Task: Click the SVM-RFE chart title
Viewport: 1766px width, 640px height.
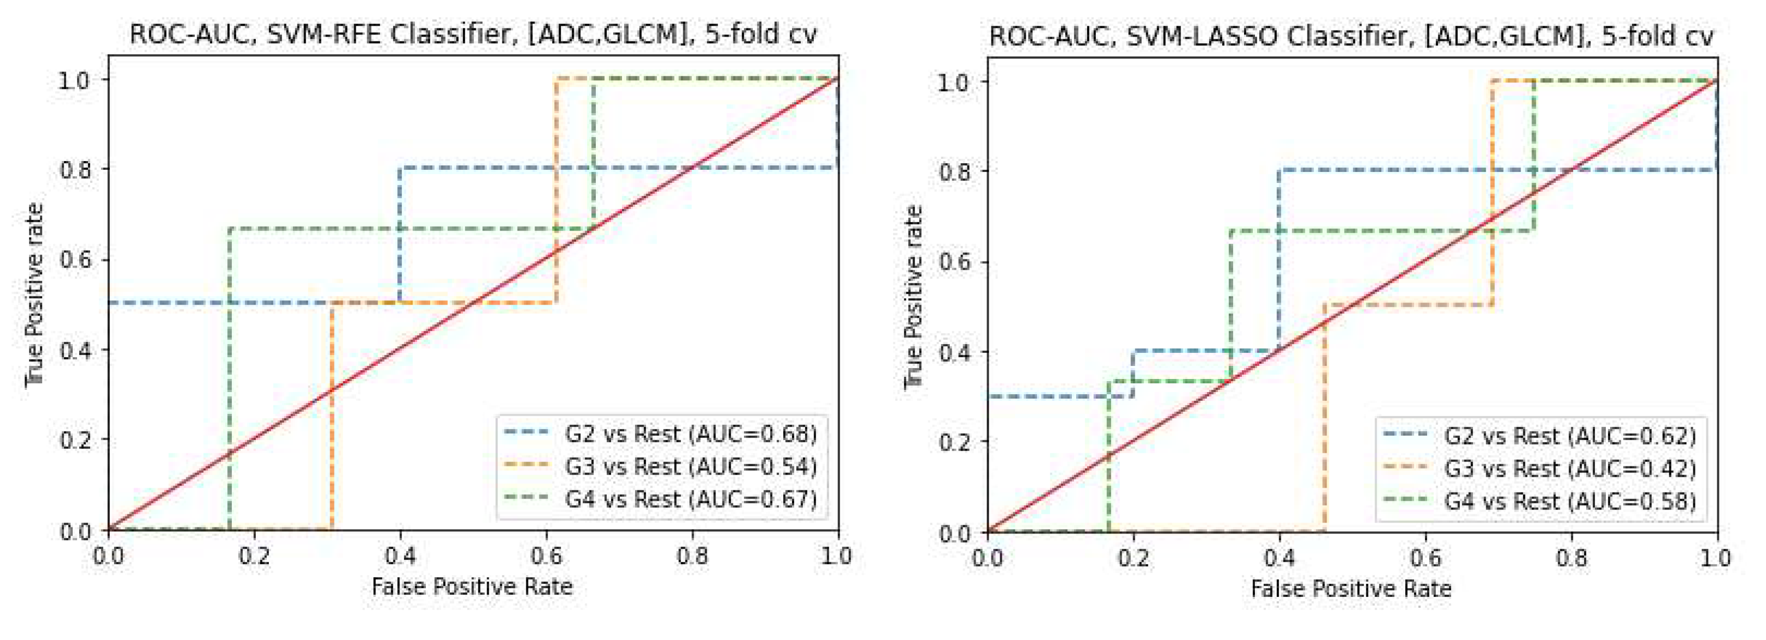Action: [x=473, y=33]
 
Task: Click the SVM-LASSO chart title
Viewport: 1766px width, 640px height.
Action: [x=1351, y=35]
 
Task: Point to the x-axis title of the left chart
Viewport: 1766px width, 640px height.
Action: [x=472, y=586]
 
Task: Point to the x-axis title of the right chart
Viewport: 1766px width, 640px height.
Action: [x=1351, y=589]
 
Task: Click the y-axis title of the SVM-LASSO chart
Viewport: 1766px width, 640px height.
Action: [x=913, y=297]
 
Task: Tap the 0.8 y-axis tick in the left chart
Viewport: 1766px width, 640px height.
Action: [x=76, y=169]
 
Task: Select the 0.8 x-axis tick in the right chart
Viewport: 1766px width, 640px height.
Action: [x=1571, y=558]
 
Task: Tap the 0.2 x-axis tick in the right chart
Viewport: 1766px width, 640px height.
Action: [x=1133, y=558]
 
